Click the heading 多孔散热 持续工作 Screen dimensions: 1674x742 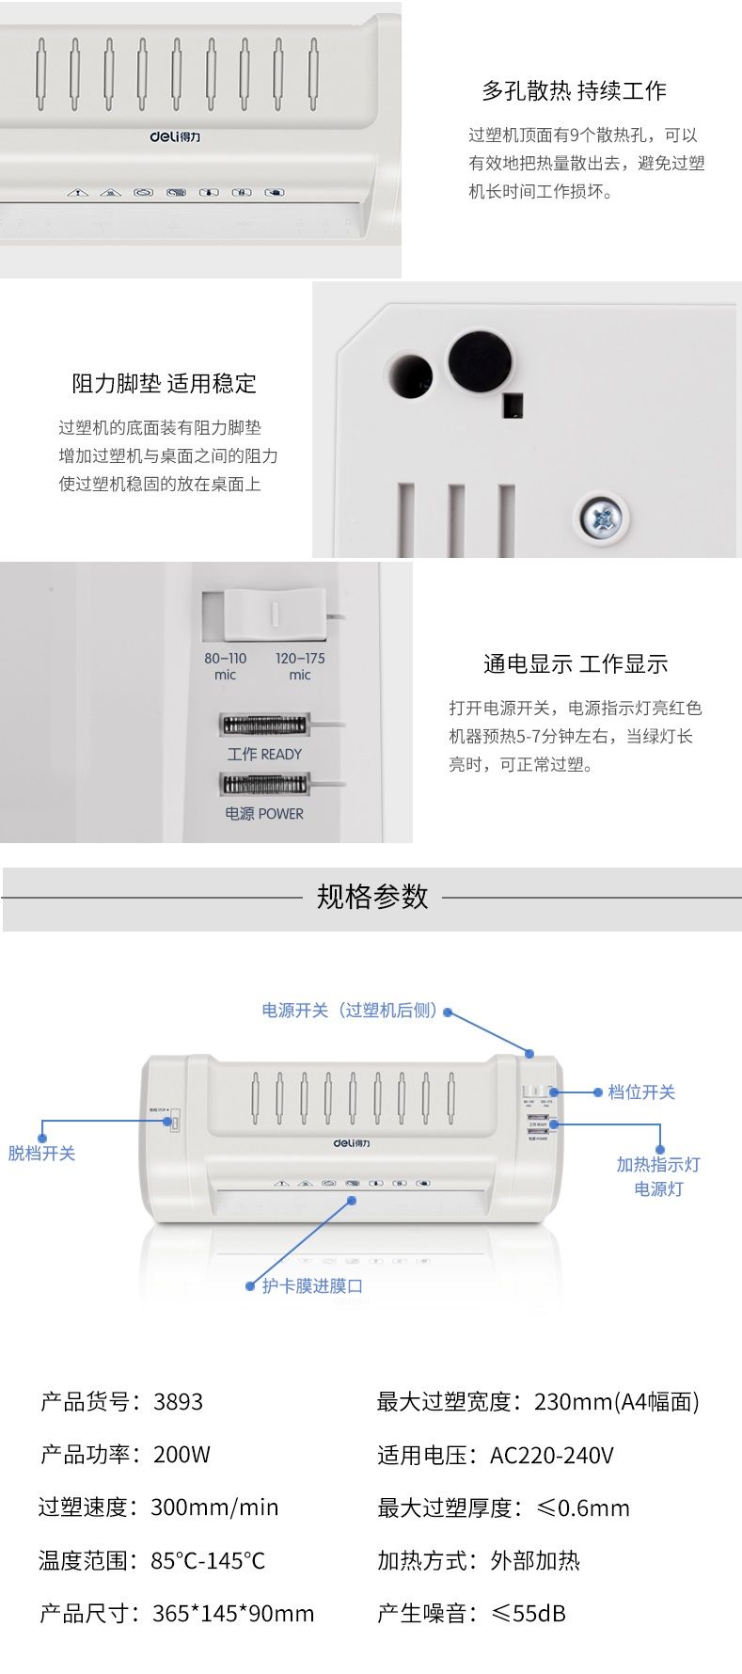coord(574,91)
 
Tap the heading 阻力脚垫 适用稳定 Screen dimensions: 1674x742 coord(164,384)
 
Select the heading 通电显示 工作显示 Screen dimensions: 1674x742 coord(576,664)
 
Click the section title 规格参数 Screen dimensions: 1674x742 coord(372,897)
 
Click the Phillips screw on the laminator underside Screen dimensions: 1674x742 coord(602,516)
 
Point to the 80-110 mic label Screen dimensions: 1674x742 coord(225,666)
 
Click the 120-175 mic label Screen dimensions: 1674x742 coord(300,666)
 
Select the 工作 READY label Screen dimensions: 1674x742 coord(264,754)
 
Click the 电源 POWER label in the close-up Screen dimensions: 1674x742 coord(264,813)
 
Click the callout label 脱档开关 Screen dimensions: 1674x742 coord(41,1153)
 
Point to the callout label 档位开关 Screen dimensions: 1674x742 coord(641,1092)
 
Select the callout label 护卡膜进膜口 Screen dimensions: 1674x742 coord(312,1285)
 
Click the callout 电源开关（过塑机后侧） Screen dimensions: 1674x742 coord(349,1011)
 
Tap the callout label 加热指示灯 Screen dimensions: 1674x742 coord(658,1164)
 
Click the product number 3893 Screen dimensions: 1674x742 coord(178,1402)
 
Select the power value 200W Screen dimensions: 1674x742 coord(182,1455)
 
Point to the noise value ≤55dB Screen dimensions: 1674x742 coord(527,1614)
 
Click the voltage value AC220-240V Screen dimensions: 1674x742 coord(551,1456)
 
